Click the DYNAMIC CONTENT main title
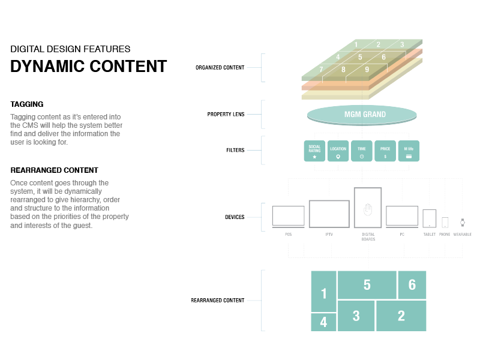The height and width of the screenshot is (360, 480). pos(89,66)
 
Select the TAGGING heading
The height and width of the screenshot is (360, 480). pos(27,104)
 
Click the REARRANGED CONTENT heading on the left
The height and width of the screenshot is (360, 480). pos(54,170)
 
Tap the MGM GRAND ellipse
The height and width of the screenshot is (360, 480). pos(362,115)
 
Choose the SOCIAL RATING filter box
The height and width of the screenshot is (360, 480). pos(314,151)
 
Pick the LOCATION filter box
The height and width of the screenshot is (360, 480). pos(338,151)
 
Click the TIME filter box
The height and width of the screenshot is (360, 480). pos(361,151)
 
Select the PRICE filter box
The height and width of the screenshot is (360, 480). pos(385,151)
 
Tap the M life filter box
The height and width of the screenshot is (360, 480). pos(409,151)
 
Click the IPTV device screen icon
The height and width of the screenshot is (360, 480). pos(329,214)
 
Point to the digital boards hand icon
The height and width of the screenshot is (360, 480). pos(368,209)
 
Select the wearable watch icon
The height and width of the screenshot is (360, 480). pos(463,222)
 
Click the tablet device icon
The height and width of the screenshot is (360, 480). pos(429,218)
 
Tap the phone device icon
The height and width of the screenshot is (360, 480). pos(445,222)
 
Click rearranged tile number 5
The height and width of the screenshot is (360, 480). pos(367,285)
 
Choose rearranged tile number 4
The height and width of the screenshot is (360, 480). pos(323,322)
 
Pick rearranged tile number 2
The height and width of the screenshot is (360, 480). pos(401,316)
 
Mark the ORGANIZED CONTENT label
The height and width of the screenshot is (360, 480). pos(220,68)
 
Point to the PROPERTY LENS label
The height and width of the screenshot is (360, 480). pos(226,114)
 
